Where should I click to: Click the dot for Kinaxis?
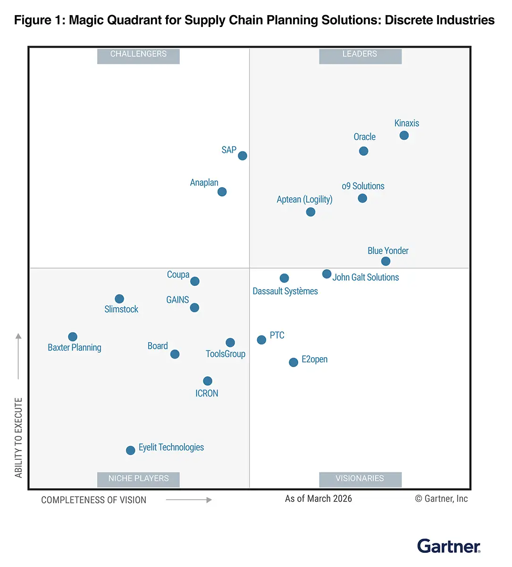coord(404,136)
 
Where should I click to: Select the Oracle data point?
coord(363,151)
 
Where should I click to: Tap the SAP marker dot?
coord(243,156)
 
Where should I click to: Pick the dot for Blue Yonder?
coord(386,261)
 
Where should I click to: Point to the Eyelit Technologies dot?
coord(131,450)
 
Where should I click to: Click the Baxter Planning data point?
coord(73,337)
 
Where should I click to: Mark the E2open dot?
coord(294,362)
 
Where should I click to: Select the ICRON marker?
coord(208,381)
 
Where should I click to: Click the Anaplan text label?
coord(204,183)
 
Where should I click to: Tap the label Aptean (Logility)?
coord(304,199)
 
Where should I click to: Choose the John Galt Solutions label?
coord(366,277)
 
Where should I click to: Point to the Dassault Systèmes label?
coord(285,291)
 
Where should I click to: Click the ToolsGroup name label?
coord(226,354)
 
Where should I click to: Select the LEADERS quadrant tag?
coord(360,54)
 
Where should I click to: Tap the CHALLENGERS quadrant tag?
coord(138,54)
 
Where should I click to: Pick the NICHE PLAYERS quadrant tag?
coord(138,479)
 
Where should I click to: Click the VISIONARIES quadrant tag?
coord(360,479)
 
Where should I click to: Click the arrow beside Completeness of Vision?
coord(189,500)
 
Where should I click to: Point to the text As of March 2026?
coord(319,499)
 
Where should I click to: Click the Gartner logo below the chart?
coord(449,546)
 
